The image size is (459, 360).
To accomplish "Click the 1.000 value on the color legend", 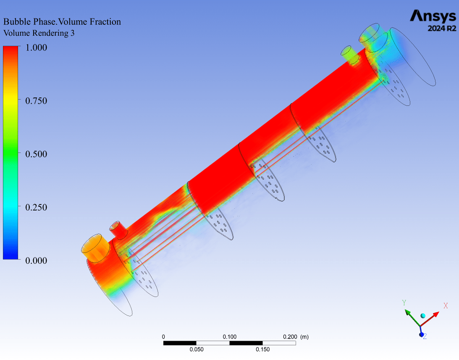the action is tap(36, 47).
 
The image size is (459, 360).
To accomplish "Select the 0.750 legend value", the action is tap(36, 101).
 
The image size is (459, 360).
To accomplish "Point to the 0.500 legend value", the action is tap(36, 154).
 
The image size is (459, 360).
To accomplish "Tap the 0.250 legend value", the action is tap(36, 208).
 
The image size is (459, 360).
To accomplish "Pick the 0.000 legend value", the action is tap(36, 260).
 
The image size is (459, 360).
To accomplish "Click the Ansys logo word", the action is tap(433, 16).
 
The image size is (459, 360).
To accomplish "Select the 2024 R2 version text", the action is tap(442, 29).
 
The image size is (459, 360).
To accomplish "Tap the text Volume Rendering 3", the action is tap(39, 33).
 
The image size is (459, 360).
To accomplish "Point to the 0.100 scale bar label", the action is tap(229, 337).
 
